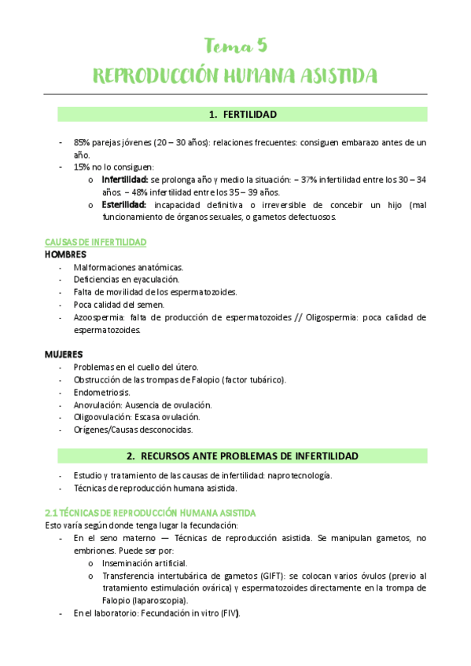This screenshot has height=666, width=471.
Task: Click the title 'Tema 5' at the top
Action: click(x=235, y=46)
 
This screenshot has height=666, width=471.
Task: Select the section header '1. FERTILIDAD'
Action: click(x=242, y=115)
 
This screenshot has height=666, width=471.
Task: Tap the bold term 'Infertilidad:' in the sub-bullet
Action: click(x=124, y=180)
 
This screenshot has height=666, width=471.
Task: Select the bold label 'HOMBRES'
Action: click(x=65, y=254)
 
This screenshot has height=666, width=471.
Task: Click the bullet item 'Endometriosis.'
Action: click(x=102, y=392)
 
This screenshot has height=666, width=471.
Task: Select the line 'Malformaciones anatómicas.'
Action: click(x=128, y=267)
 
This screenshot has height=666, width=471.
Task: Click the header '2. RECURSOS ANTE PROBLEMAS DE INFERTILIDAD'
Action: click(x=242, y=456)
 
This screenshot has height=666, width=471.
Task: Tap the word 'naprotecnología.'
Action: click(x=299, y=475)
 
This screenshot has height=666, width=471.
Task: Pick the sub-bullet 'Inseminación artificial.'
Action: click(x=144, y=563)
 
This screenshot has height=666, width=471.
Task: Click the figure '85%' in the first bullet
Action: click(x=83, y=143)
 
